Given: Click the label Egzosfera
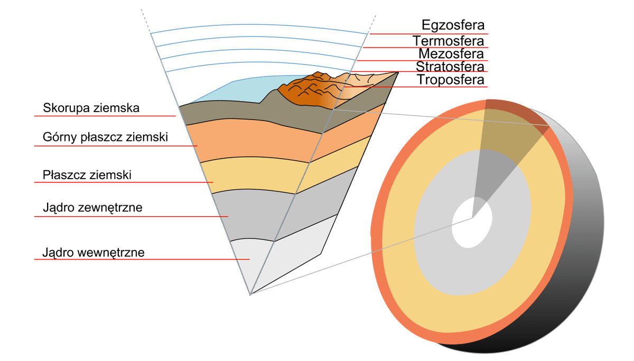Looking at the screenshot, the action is point(453,25).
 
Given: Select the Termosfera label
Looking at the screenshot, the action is point(449,41).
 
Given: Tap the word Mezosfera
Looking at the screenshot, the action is point(451,54).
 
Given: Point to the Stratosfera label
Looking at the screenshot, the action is point(450,67).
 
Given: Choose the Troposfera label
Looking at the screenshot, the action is point(451,80).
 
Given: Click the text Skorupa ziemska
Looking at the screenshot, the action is point(91,108).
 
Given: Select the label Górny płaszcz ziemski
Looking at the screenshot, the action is point(105,137).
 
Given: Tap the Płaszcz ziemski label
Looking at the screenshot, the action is point(87,175).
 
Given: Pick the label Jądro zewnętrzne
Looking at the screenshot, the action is point(92,208).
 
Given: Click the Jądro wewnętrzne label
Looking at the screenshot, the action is point(94,253).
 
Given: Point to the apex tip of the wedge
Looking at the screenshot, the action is point(250,295).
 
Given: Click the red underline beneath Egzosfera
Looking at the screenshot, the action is point(429,34).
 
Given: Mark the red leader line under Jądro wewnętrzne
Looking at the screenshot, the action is point(142,259).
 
